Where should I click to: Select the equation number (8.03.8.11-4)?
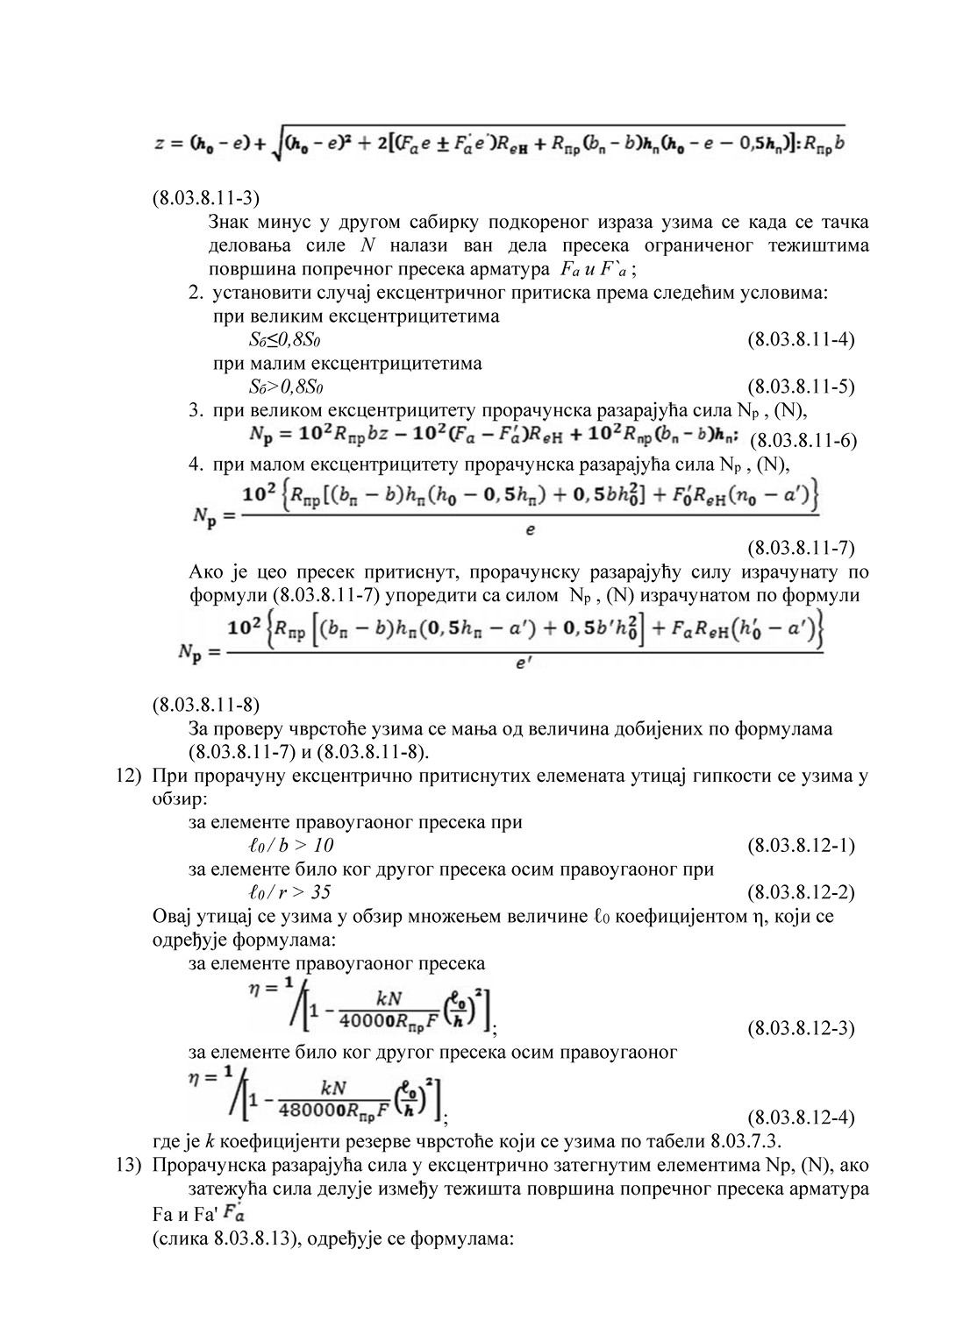[x=801, y=339]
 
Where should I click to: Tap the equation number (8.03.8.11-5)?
[x=801, y=386]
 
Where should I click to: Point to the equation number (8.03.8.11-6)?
[x=804, y=439]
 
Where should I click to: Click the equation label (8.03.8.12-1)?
[x=801, y=846]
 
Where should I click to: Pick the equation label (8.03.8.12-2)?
[x=801, y=893]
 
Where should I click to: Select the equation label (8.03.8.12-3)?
[x=801, y=1027]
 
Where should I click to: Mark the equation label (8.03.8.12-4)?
[x=801, y=1117]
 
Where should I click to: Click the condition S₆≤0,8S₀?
[x=290, y=339]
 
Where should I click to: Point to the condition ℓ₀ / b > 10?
[x=291, y=846]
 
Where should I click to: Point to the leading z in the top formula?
[x=159, y=144]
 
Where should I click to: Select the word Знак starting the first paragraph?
[x=232, y=222]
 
